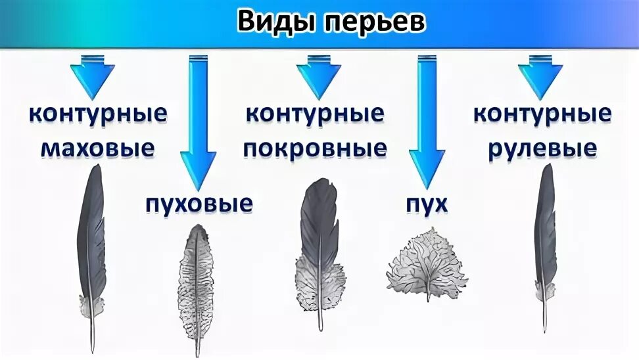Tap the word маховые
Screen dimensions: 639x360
pyautogui.click(x=98, y=148)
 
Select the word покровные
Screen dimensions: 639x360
pyautogui.click(x=315, y=148)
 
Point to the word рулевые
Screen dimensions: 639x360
pyautogui.click(x=542, y=148)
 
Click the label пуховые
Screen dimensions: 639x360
pyautogui.click(x=199, y=204)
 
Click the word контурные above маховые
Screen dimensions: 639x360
pyautogui.click(x=98, y=113)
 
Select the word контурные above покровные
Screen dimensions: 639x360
pyautogui.click(x=315, y=113)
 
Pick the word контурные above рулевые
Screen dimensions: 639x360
pyautogui.click(x=542, y=113)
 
